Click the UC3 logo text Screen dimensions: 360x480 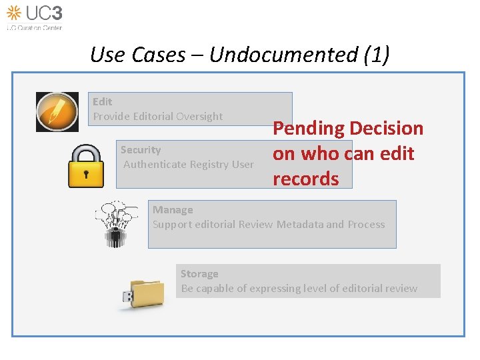[45, 13]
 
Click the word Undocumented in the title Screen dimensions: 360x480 [283, 55]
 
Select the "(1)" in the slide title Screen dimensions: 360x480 [377, 55]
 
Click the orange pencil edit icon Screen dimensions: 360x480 [57, 111]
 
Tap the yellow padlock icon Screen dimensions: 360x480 [86, 166]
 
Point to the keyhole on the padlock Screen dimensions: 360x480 [86, 175]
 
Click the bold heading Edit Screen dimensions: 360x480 [103, 101]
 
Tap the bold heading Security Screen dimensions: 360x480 [141, 150]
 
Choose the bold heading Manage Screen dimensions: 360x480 [173, 210]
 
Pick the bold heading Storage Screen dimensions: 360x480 [199, 274]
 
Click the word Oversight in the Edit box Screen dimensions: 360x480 [201, 116]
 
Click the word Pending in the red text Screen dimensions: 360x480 [309, 128]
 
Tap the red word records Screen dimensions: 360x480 [305, 179]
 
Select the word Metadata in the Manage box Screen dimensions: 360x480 [300, 224]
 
